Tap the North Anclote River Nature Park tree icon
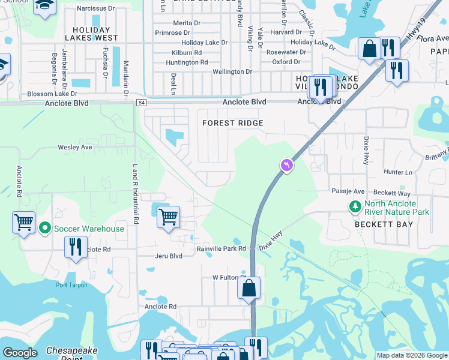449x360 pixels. (355, 207)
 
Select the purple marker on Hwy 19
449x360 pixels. (287, 164)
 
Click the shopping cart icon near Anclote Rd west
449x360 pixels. (23, 222)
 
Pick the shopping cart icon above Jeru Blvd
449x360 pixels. (169, 216)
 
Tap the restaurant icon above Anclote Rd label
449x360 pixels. (76, 247)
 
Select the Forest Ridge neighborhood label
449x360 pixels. (233, 123)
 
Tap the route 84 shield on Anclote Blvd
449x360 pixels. (140, 103)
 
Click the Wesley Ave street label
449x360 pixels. (74, 147)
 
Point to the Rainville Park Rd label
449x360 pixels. (221, 248)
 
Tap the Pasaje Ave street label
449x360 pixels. (348, 191)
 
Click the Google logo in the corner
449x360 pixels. (20, 353)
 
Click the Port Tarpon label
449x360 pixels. (72, 285)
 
